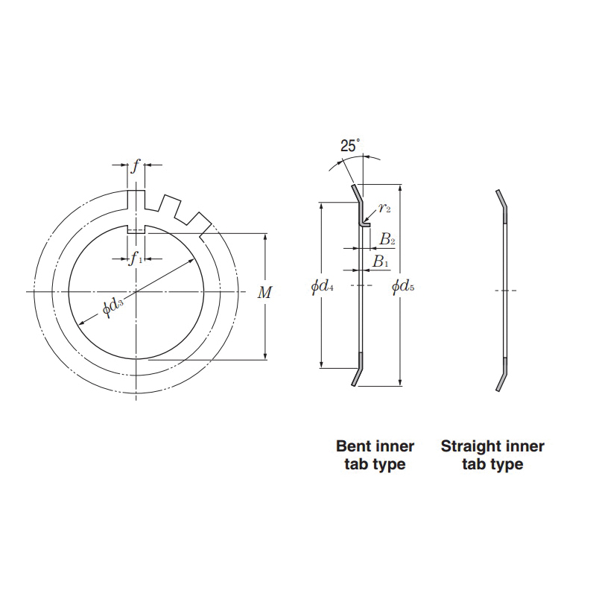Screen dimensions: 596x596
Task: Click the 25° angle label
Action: click(349, 145)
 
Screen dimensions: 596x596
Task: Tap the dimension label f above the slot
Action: click(136, 165)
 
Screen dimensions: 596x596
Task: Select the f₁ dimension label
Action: click(136, 259)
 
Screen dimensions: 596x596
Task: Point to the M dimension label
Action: click(265, 293)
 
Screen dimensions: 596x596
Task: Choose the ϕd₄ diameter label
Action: click(323, 286)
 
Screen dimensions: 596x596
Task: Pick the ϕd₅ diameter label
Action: click(403, 286)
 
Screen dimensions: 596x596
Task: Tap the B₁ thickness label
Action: click(381, 261)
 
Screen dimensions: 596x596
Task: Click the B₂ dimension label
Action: click(387, 239)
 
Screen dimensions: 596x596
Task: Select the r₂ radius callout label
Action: click(384, 208)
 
